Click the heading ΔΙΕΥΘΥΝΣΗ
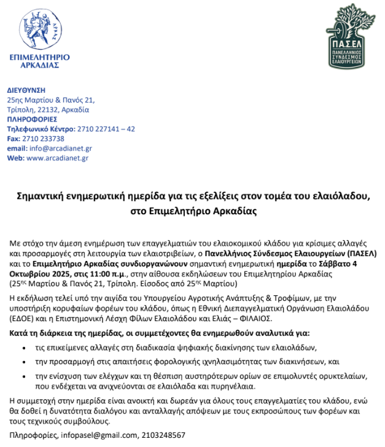point(26,90)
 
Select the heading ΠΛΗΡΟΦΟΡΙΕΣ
point(32,119)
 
